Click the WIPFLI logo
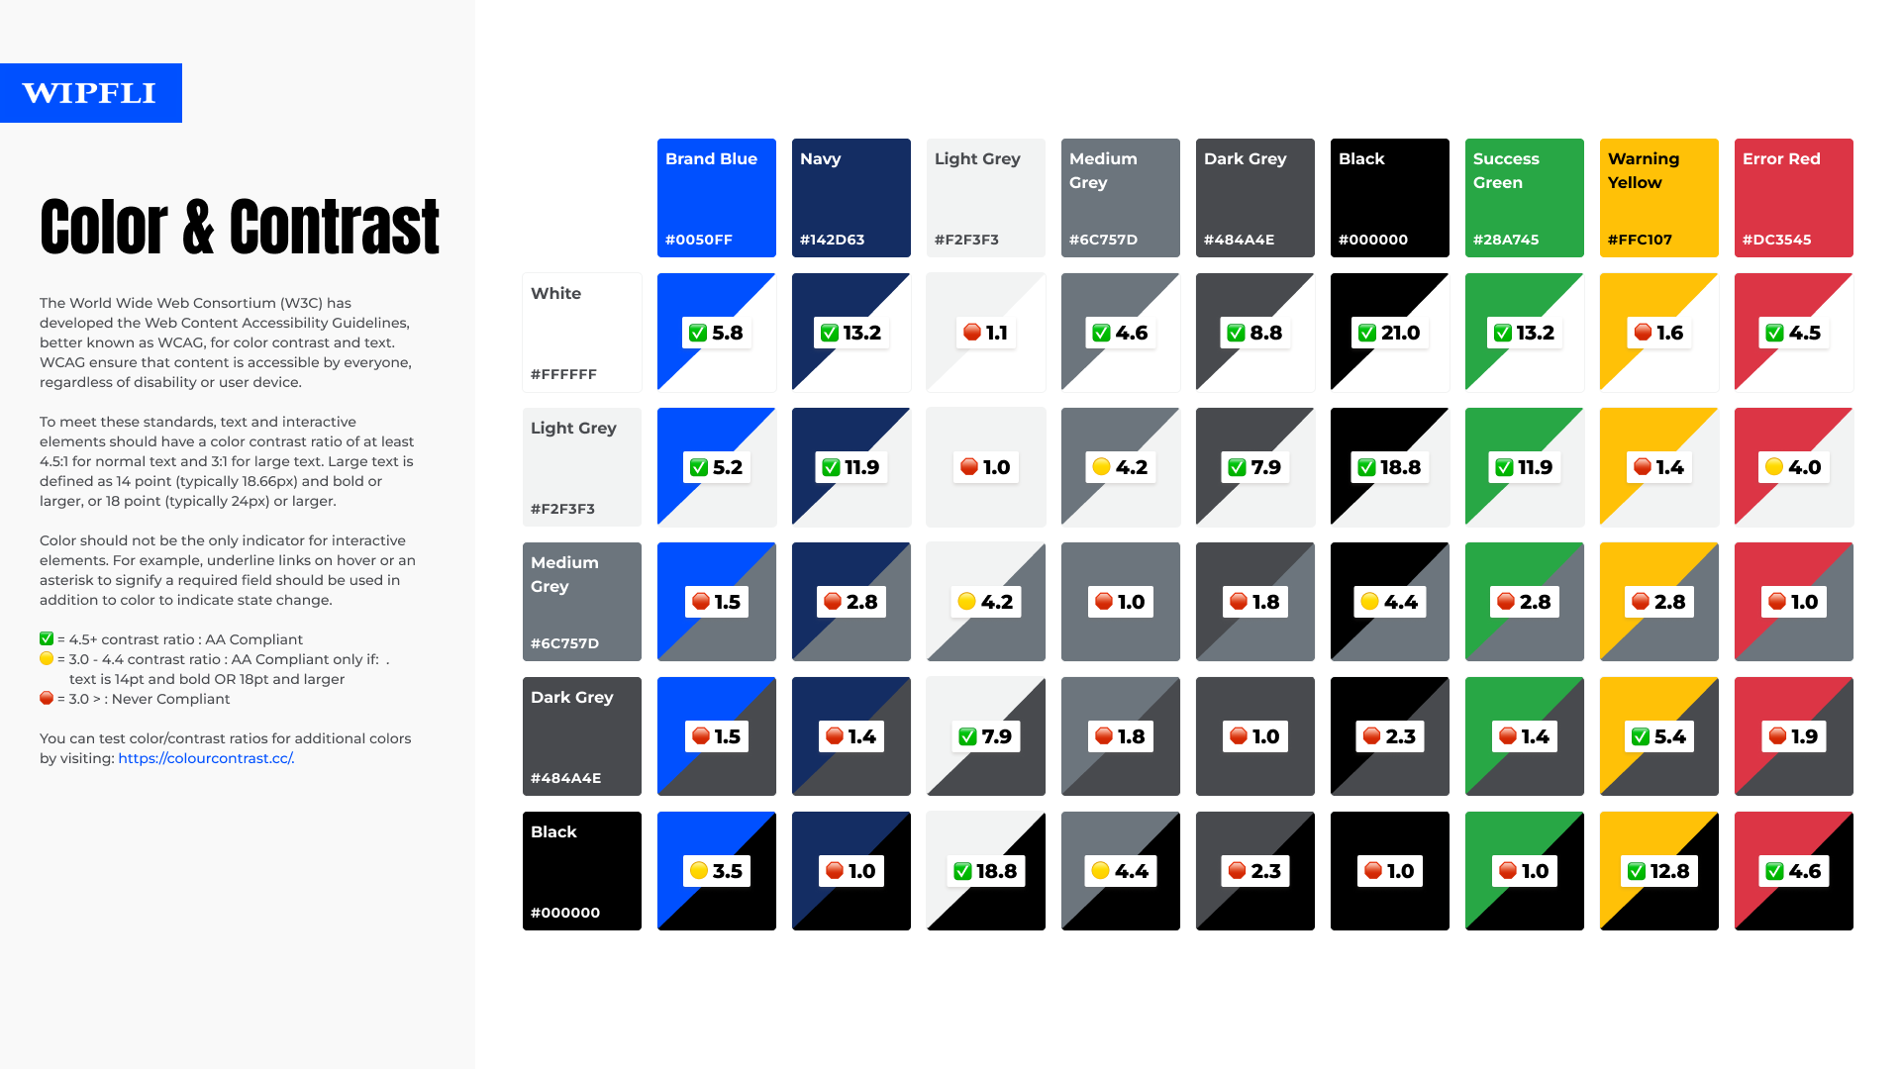[90, 93]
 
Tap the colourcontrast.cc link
[206, 758]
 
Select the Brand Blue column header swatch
[716, 198]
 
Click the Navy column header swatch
[850, 198]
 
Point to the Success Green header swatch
[1524, 198]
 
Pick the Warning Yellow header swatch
[1658, 198]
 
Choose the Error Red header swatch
[1793, 198]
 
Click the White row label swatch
[581, 333]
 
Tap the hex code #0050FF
[699, 240]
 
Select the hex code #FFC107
[1640, 240]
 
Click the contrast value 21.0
[1400, 334]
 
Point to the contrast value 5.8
[727, 334]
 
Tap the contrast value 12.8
[1669, 871]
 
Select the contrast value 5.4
[1669, 736]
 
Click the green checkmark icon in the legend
[47, 639]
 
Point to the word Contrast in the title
[335, 228]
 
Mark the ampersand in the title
[198, 228]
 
